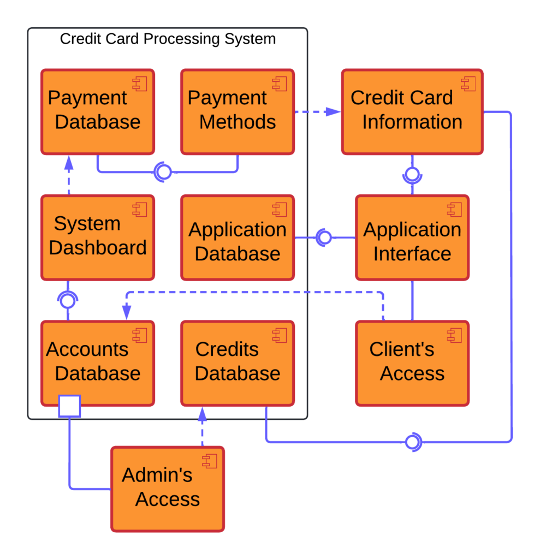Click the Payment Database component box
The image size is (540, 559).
coord(98,111)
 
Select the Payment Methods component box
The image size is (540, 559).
coord(238,111)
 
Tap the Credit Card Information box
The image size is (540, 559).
coord(412,111)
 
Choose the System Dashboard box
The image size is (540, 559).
coord(98,237)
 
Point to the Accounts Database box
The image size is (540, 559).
coord(98,363)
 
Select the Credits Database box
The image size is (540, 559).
coord(238,363)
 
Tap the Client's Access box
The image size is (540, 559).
coord(412,363)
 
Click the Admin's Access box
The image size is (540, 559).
coord(168,489)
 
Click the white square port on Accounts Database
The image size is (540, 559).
coord(69,406)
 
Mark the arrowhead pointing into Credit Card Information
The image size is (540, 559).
coord(333,112)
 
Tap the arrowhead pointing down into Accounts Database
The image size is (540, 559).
coord(127,312)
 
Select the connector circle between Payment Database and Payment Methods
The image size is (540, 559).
coord(163,172)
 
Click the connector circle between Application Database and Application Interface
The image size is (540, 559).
coord(324,237)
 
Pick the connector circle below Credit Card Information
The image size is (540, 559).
coord(412,175)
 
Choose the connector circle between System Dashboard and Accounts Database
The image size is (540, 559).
coord(68,300)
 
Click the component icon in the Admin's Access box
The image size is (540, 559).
coord(210,461)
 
